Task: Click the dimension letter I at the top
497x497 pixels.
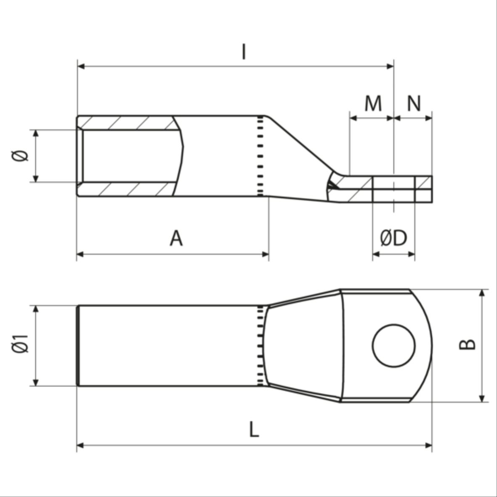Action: (x=243, y=52)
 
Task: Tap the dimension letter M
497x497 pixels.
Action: (x=373, y=104)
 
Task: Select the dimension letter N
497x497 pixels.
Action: (x=414, y=104)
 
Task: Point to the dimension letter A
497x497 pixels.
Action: (x=176, y=238)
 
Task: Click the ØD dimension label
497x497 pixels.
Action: (x=393, y=238)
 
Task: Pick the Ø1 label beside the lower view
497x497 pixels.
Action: (x=20, y=343)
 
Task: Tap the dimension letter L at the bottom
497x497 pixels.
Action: (x=254, y=430)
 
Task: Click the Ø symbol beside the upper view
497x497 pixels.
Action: (x=20, y=156)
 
